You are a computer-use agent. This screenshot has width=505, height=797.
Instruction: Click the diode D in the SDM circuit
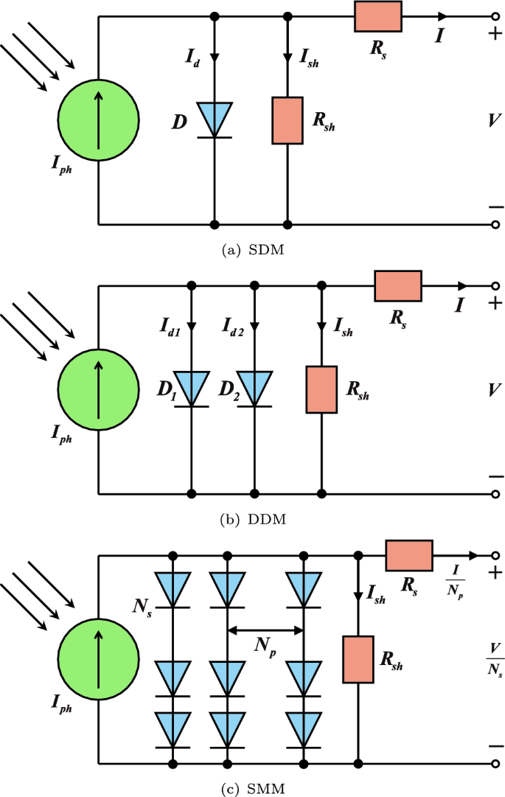click(x=215, y=119)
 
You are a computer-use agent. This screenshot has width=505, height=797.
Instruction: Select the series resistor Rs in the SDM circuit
click(x=377, y=16)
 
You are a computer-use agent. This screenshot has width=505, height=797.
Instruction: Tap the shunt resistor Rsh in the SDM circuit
click(x=287, y=119)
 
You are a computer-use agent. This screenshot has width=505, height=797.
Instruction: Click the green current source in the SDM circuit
click(x=98, y=119)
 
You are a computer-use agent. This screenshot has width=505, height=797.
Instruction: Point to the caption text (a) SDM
click(x=253, y=250)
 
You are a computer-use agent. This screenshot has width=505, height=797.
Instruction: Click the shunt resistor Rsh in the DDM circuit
click(x=321, y=389)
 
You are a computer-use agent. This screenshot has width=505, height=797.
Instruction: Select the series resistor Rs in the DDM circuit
click(x=397, y=286)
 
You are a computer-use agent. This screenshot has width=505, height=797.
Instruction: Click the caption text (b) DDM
click(x=253, y=519)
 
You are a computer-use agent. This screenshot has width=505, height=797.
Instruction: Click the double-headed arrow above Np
click(x=265, y=630)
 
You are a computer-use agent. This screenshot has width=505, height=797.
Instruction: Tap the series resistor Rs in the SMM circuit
click(x=409, y=555)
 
